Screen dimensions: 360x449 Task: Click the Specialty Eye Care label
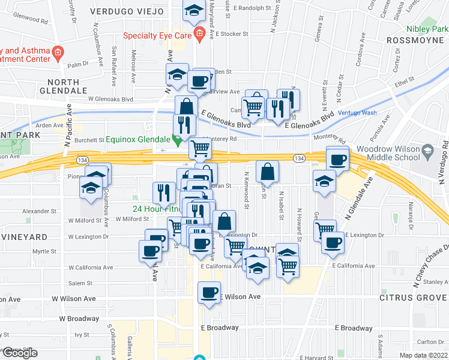(x=157, y=35)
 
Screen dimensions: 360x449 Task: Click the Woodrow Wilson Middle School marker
(x=427, y=149)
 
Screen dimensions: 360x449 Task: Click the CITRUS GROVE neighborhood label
(x=414, y=298)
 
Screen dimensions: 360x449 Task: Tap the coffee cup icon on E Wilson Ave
(x=209, y=293)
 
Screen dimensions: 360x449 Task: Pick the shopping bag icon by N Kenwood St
(x=267, y=171)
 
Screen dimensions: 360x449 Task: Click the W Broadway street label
(x=79, y=319)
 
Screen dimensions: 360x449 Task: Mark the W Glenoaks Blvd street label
(x=110, y=98)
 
